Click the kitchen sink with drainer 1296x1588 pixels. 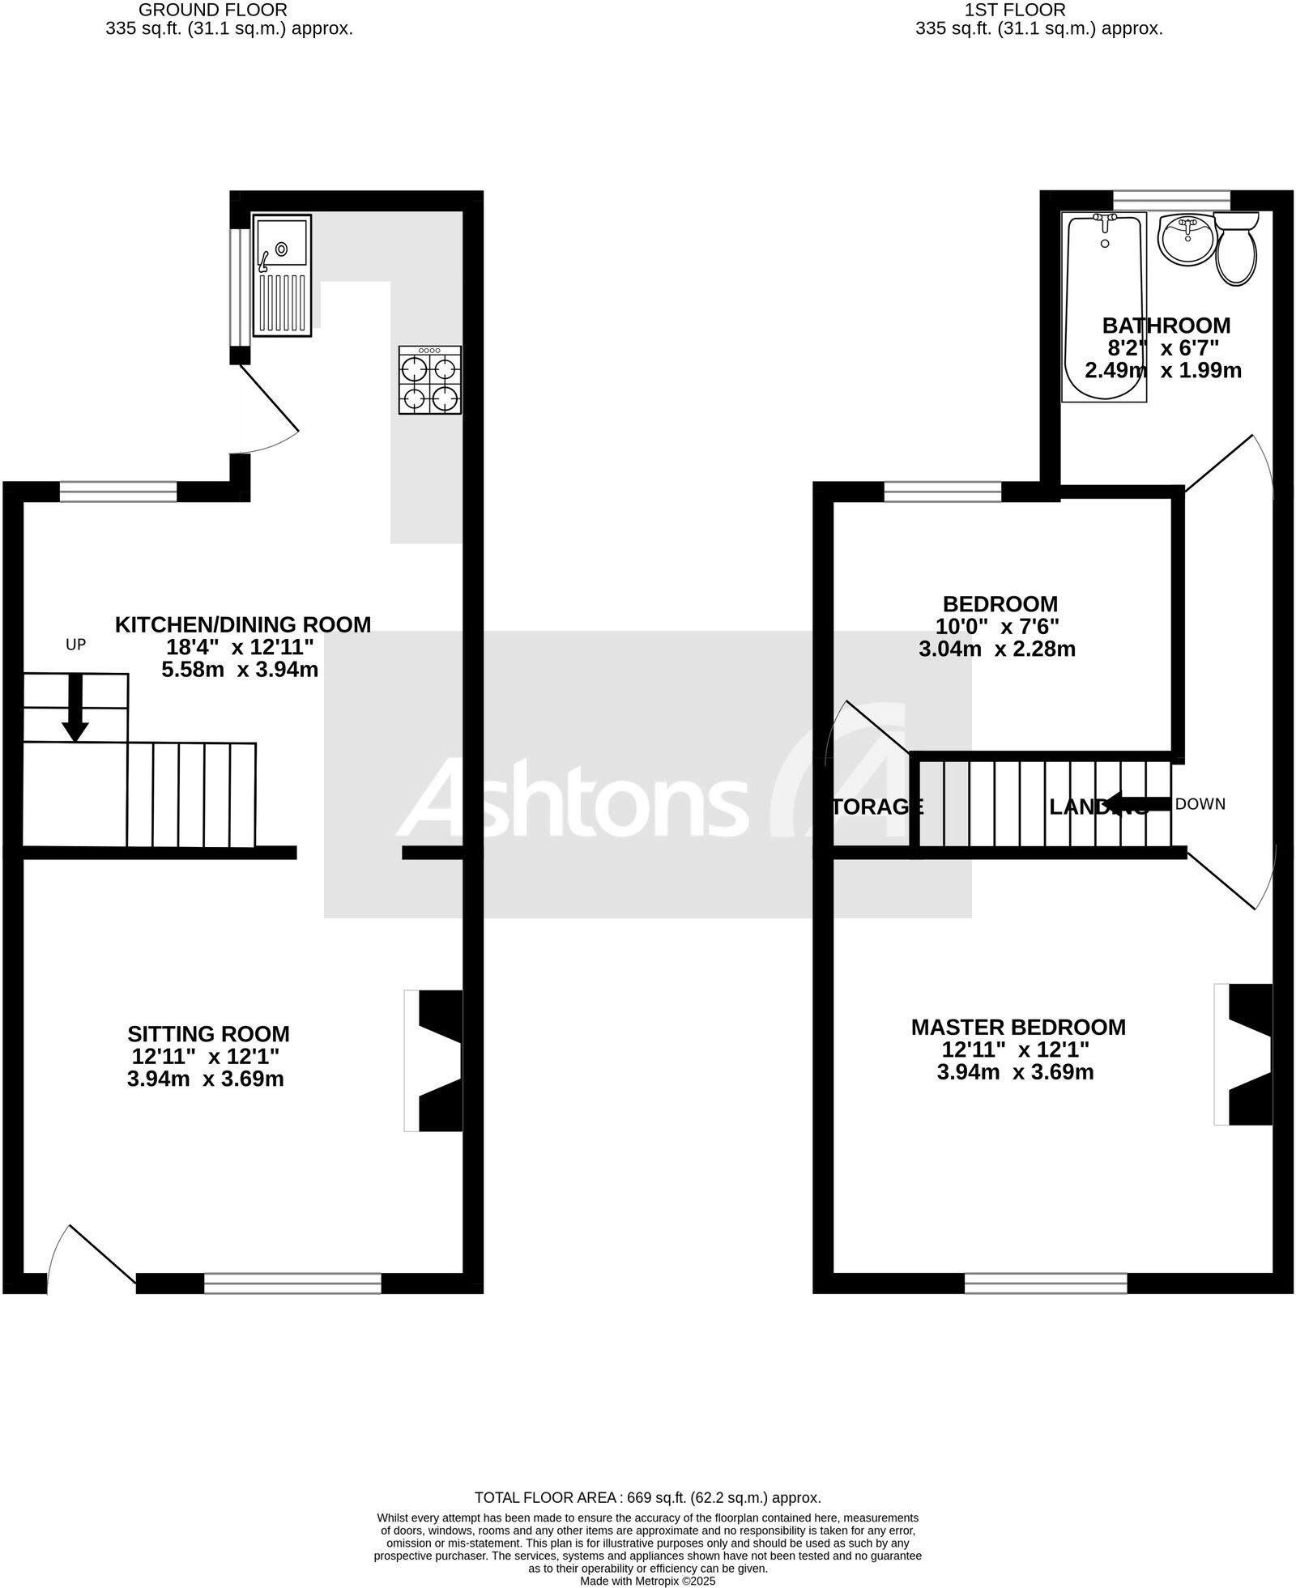click(282, 275)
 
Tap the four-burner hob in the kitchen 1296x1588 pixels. click(430, 381)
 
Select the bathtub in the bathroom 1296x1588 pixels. click(1104, 308)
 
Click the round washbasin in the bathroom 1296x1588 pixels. click(1187, 240)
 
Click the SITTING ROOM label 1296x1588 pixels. click(208, 1034)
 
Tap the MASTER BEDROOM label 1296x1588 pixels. click(1018, 1027)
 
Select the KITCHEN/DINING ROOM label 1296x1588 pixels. click(243, 624)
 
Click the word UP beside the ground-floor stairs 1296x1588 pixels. click(75, 645)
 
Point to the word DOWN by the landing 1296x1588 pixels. click(1200, 804)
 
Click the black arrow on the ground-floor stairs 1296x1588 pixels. click(75, 709)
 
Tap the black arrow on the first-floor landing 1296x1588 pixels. click(1138, 804)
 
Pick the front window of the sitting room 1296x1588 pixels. click(292, 1284)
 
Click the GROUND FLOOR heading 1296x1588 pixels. click(213, 10)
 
